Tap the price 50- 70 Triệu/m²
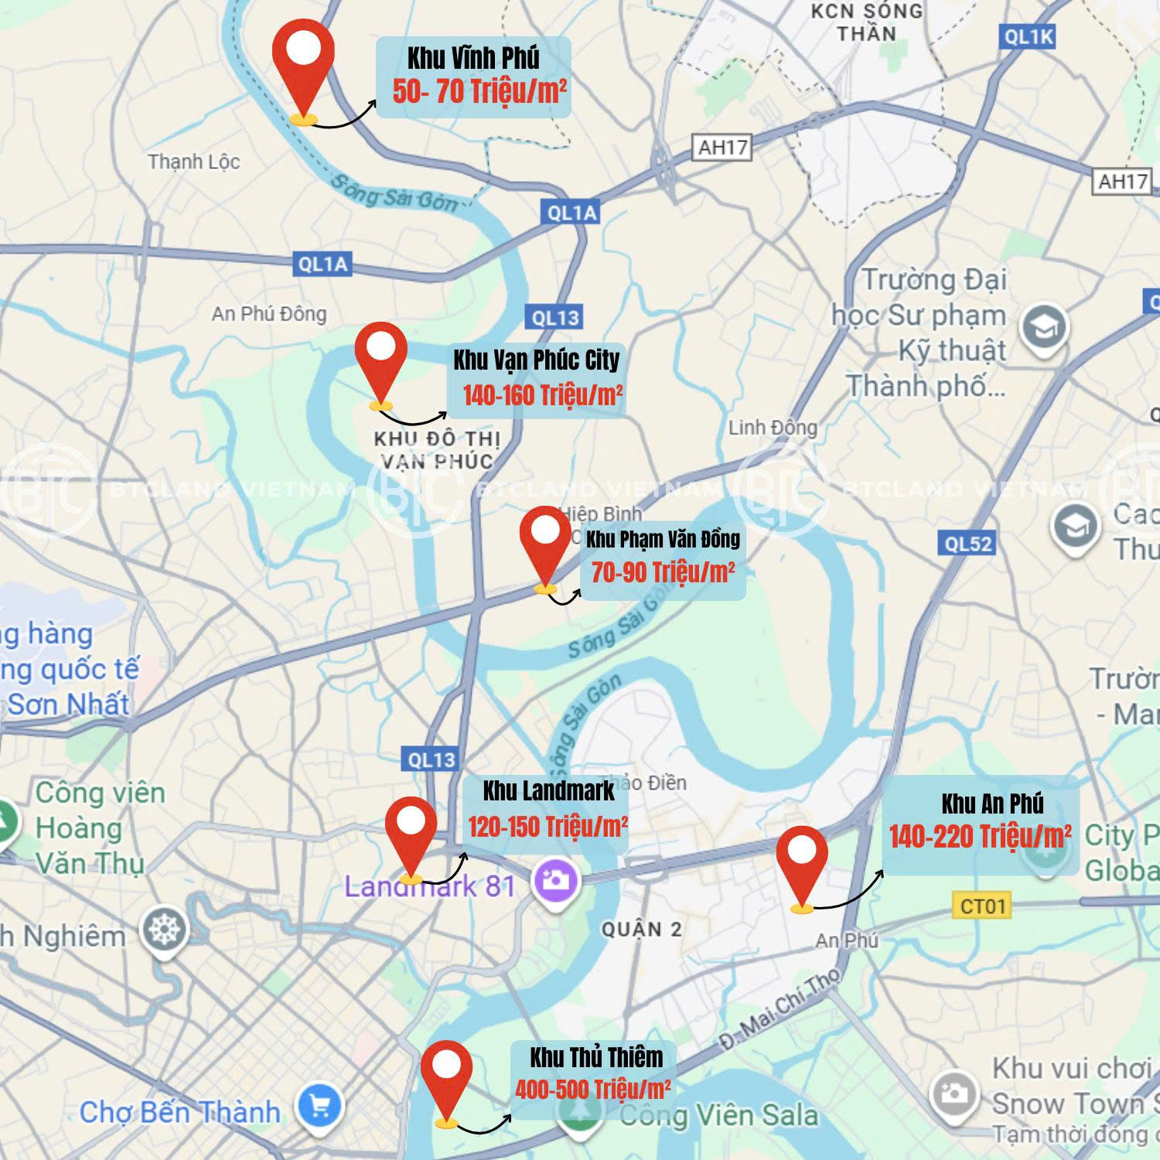tap(479, 92)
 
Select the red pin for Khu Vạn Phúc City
tap(380, 357)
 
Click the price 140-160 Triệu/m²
tap(542, 396)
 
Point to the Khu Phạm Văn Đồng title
tap(663, 539)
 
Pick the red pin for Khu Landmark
tap(411, 831)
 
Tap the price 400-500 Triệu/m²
tap(592, 1090)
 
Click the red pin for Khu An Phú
tap(802, 860)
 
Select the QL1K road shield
tap(1028, 36)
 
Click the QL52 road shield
tap(967, 544)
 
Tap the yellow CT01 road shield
tap(982, 906)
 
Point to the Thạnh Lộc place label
tap(193, 162)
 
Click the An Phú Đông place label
tap(269, 313)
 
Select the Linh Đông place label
tap(772, 427)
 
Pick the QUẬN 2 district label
tap(642, 930)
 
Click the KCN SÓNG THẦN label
tap(866, 22)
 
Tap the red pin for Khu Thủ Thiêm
tap(446, 1075)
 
